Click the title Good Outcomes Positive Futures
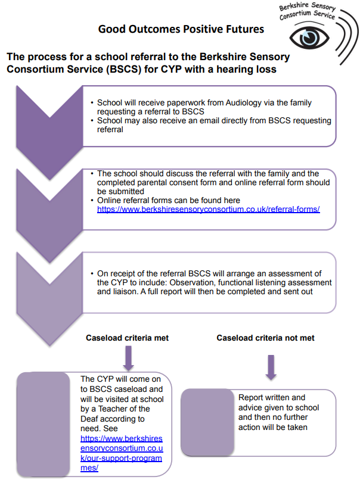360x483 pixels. tap(181, 29)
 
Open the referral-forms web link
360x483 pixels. tap(208, 209)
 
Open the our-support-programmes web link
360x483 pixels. tap(122, 453)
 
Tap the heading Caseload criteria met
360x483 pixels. tap(128, 338)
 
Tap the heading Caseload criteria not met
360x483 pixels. tap(265, 338)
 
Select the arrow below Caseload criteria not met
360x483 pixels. tap(271, 366)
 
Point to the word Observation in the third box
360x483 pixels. tap(208, 282)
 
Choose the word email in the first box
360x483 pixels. tap(188, 120)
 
